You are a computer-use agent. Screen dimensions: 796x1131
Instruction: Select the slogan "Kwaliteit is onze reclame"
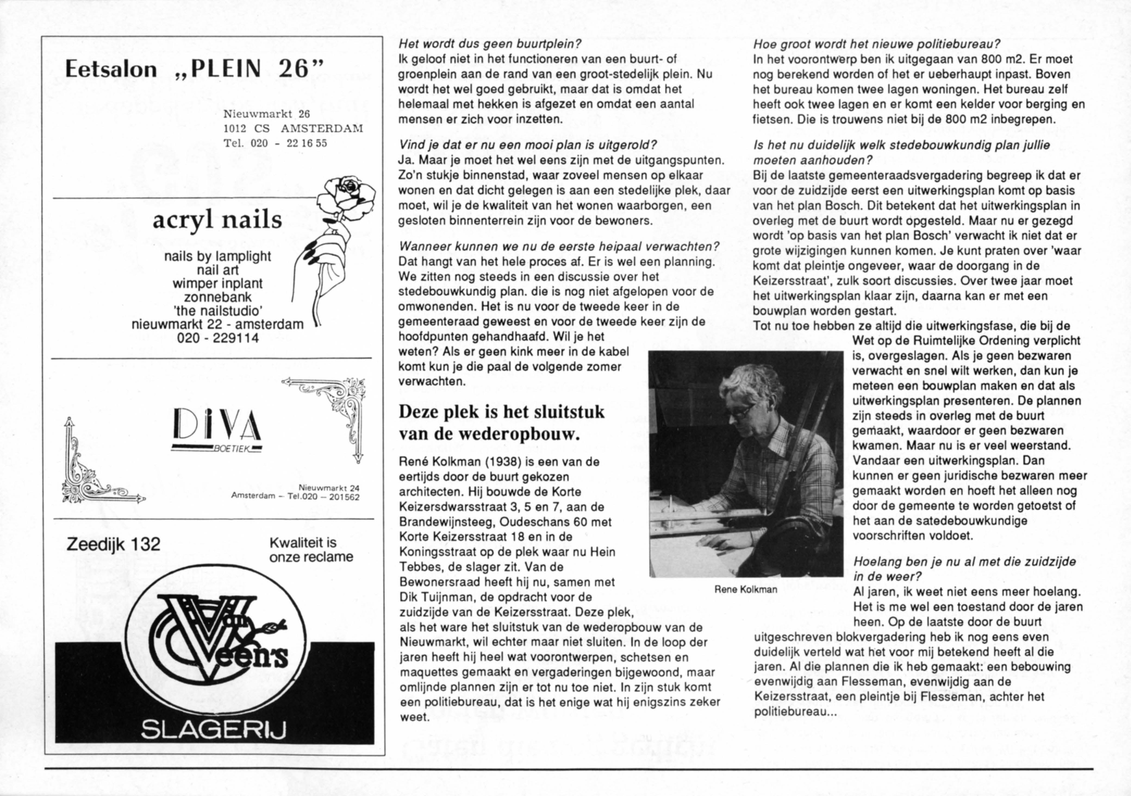pos(311,550)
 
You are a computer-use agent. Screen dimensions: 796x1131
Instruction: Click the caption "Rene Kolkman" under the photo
pos(746,589)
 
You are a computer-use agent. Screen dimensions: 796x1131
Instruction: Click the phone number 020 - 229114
pos(218,339)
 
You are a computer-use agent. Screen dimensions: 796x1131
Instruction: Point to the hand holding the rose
pos(325,261)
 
